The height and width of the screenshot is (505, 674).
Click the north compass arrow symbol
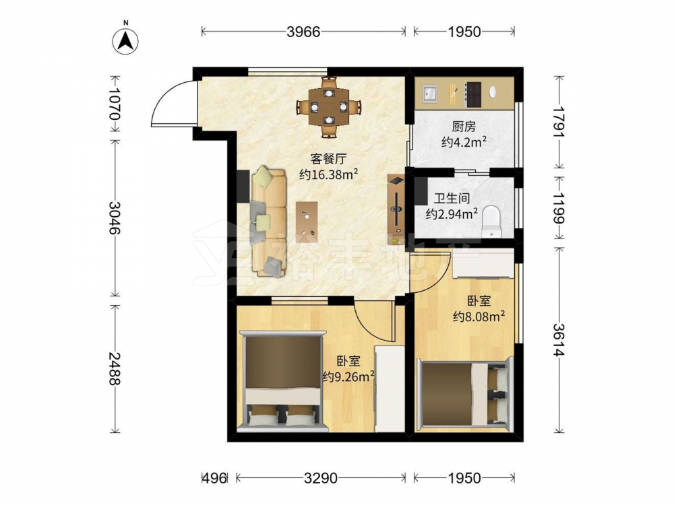[x=125, y=41]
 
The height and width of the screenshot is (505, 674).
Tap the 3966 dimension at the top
[x=303, y=32]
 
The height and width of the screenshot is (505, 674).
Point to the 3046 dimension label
[x=115, y=217]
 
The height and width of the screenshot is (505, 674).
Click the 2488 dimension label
[x=115, y=369]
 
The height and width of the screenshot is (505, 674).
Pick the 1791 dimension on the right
[x=559, y=121]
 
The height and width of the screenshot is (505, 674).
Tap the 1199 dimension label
[x=559, y=208]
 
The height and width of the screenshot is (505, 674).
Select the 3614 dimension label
[x=559, y=339]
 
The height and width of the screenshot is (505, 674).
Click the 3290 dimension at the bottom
[x=321, y=478]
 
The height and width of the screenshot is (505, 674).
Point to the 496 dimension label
[x=214, y=478]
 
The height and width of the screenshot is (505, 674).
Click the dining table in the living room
[x=329, y=106]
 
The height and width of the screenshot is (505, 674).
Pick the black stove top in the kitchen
[x=473, y=94]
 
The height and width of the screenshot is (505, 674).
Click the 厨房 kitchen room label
[x=464, y=127]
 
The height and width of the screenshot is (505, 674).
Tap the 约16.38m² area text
[x=329, y=174]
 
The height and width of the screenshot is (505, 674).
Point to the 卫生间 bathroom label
[x=452, y=199]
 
